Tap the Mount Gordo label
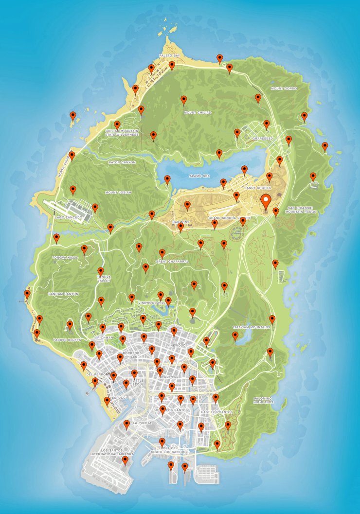tap(284, 89)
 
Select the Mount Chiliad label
tap(198, 112)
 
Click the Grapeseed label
tap(262, 139)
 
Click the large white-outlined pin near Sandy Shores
tap(266, 201)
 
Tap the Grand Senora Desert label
tap(230, 218)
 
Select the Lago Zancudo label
tap(67, 217)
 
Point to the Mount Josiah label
tap(118, 192)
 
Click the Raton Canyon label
tap(122, 162)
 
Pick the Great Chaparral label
tap(172, 262)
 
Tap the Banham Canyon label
tap(63, 294)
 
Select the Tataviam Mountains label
tap(251, 327)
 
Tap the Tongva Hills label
tap(65, 257)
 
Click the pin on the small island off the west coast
tap(73, 117)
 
